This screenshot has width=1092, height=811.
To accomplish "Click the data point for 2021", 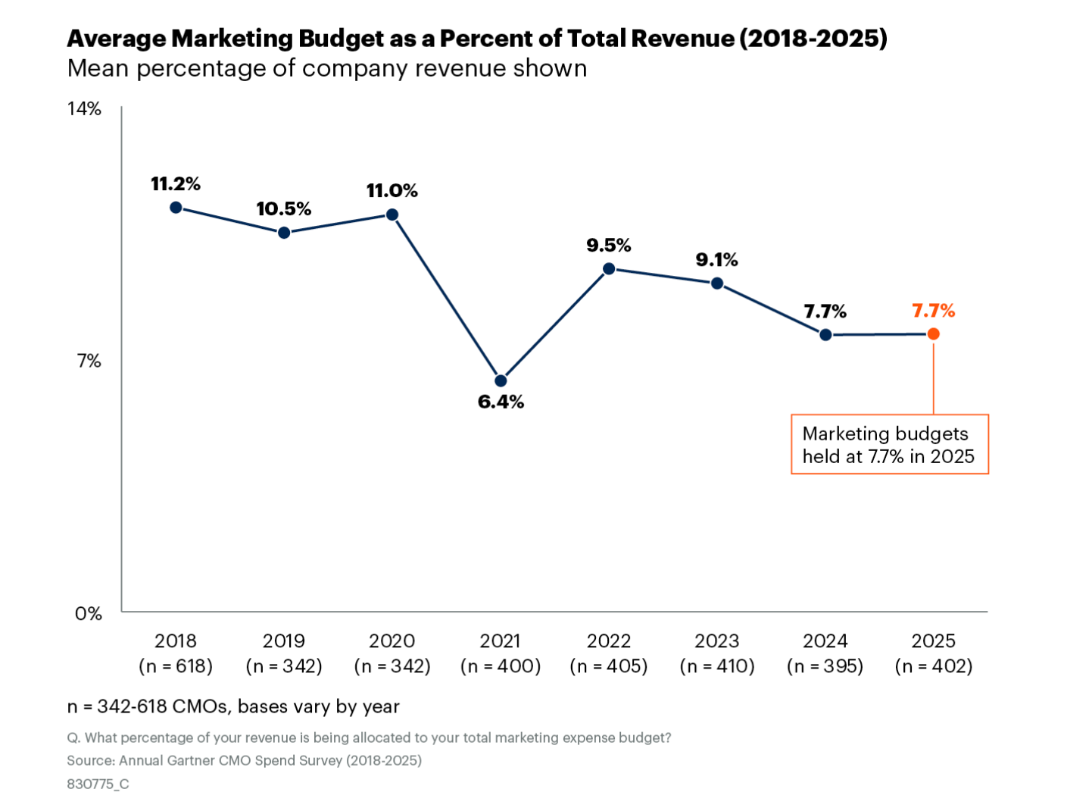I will click(x=501, y=380).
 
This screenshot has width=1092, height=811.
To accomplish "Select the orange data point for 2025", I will click(x=934, y=333).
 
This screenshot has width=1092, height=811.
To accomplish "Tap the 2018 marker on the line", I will click(x=176, y=207).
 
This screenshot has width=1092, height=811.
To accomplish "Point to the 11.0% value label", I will click(x=392, y=190).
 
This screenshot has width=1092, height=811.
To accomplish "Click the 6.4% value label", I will click(x=501, y=402).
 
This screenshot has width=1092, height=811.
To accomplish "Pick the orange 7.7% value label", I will click(x=934, y=311).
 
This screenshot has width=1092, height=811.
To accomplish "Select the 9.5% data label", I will click(x=609, y=245).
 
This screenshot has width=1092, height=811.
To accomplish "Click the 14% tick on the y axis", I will click(x=84, y=108).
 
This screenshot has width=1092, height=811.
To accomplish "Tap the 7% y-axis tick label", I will click(x=89, y=361).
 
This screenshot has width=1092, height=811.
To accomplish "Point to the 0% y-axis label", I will click(x=88, y=613).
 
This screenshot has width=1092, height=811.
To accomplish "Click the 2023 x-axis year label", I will click(x=717, y=640).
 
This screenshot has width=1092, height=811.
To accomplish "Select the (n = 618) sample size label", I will click(x=176, y=666).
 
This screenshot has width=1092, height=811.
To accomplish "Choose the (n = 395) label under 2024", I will click(x=825, y=666).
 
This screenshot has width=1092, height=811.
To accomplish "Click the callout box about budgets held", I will click(x=889, y=444).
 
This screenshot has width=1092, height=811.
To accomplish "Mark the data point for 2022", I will click(x=609, y=268).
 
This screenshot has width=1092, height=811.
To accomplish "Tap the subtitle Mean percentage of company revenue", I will click(x=327, y=68).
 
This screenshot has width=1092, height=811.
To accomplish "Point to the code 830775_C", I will click(x=98, y=784).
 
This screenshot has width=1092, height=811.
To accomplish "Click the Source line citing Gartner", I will click(x=244, y=760).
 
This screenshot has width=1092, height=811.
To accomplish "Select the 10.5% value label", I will click(x=284, y=208).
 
